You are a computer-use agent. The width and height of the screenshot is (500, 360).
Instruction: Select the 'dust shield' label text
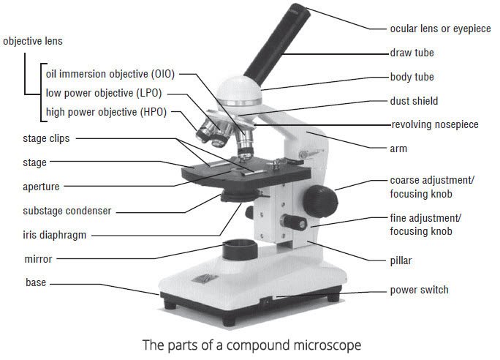414,101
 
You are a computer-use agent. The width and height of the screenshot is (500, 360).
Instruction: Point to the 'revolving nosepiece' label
434,124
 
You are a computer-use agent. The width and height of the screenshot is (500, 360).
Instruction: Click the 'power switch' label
419,290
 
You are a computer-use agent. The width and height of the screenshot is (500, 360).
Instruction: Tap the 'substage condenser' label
67,211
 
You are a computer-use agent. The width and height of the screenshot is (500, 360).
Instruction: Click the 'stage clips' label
47,138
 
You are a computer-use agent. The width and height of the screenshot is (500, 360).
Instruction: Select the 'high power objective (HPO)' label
106,113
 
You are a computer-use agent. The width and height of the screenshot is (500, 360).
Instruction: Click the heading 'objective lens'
33,42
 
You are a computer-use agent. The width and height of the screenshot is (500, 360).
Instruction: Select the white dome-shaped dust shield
238,95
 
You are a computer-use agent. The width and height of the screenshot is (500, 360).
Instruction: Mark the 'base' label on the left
36,282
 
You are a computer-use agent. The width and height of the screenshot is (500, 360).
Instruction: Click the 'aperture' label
41,187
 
